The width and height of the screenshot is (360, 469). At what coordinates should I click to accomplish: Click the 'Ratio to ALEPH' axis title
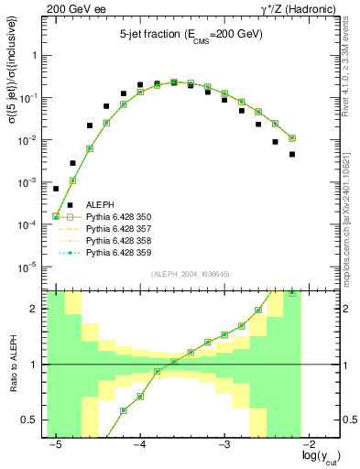point(14,365)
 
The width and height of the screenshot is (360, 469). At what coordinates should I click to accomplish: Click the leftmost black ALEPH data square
point(56,189)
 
